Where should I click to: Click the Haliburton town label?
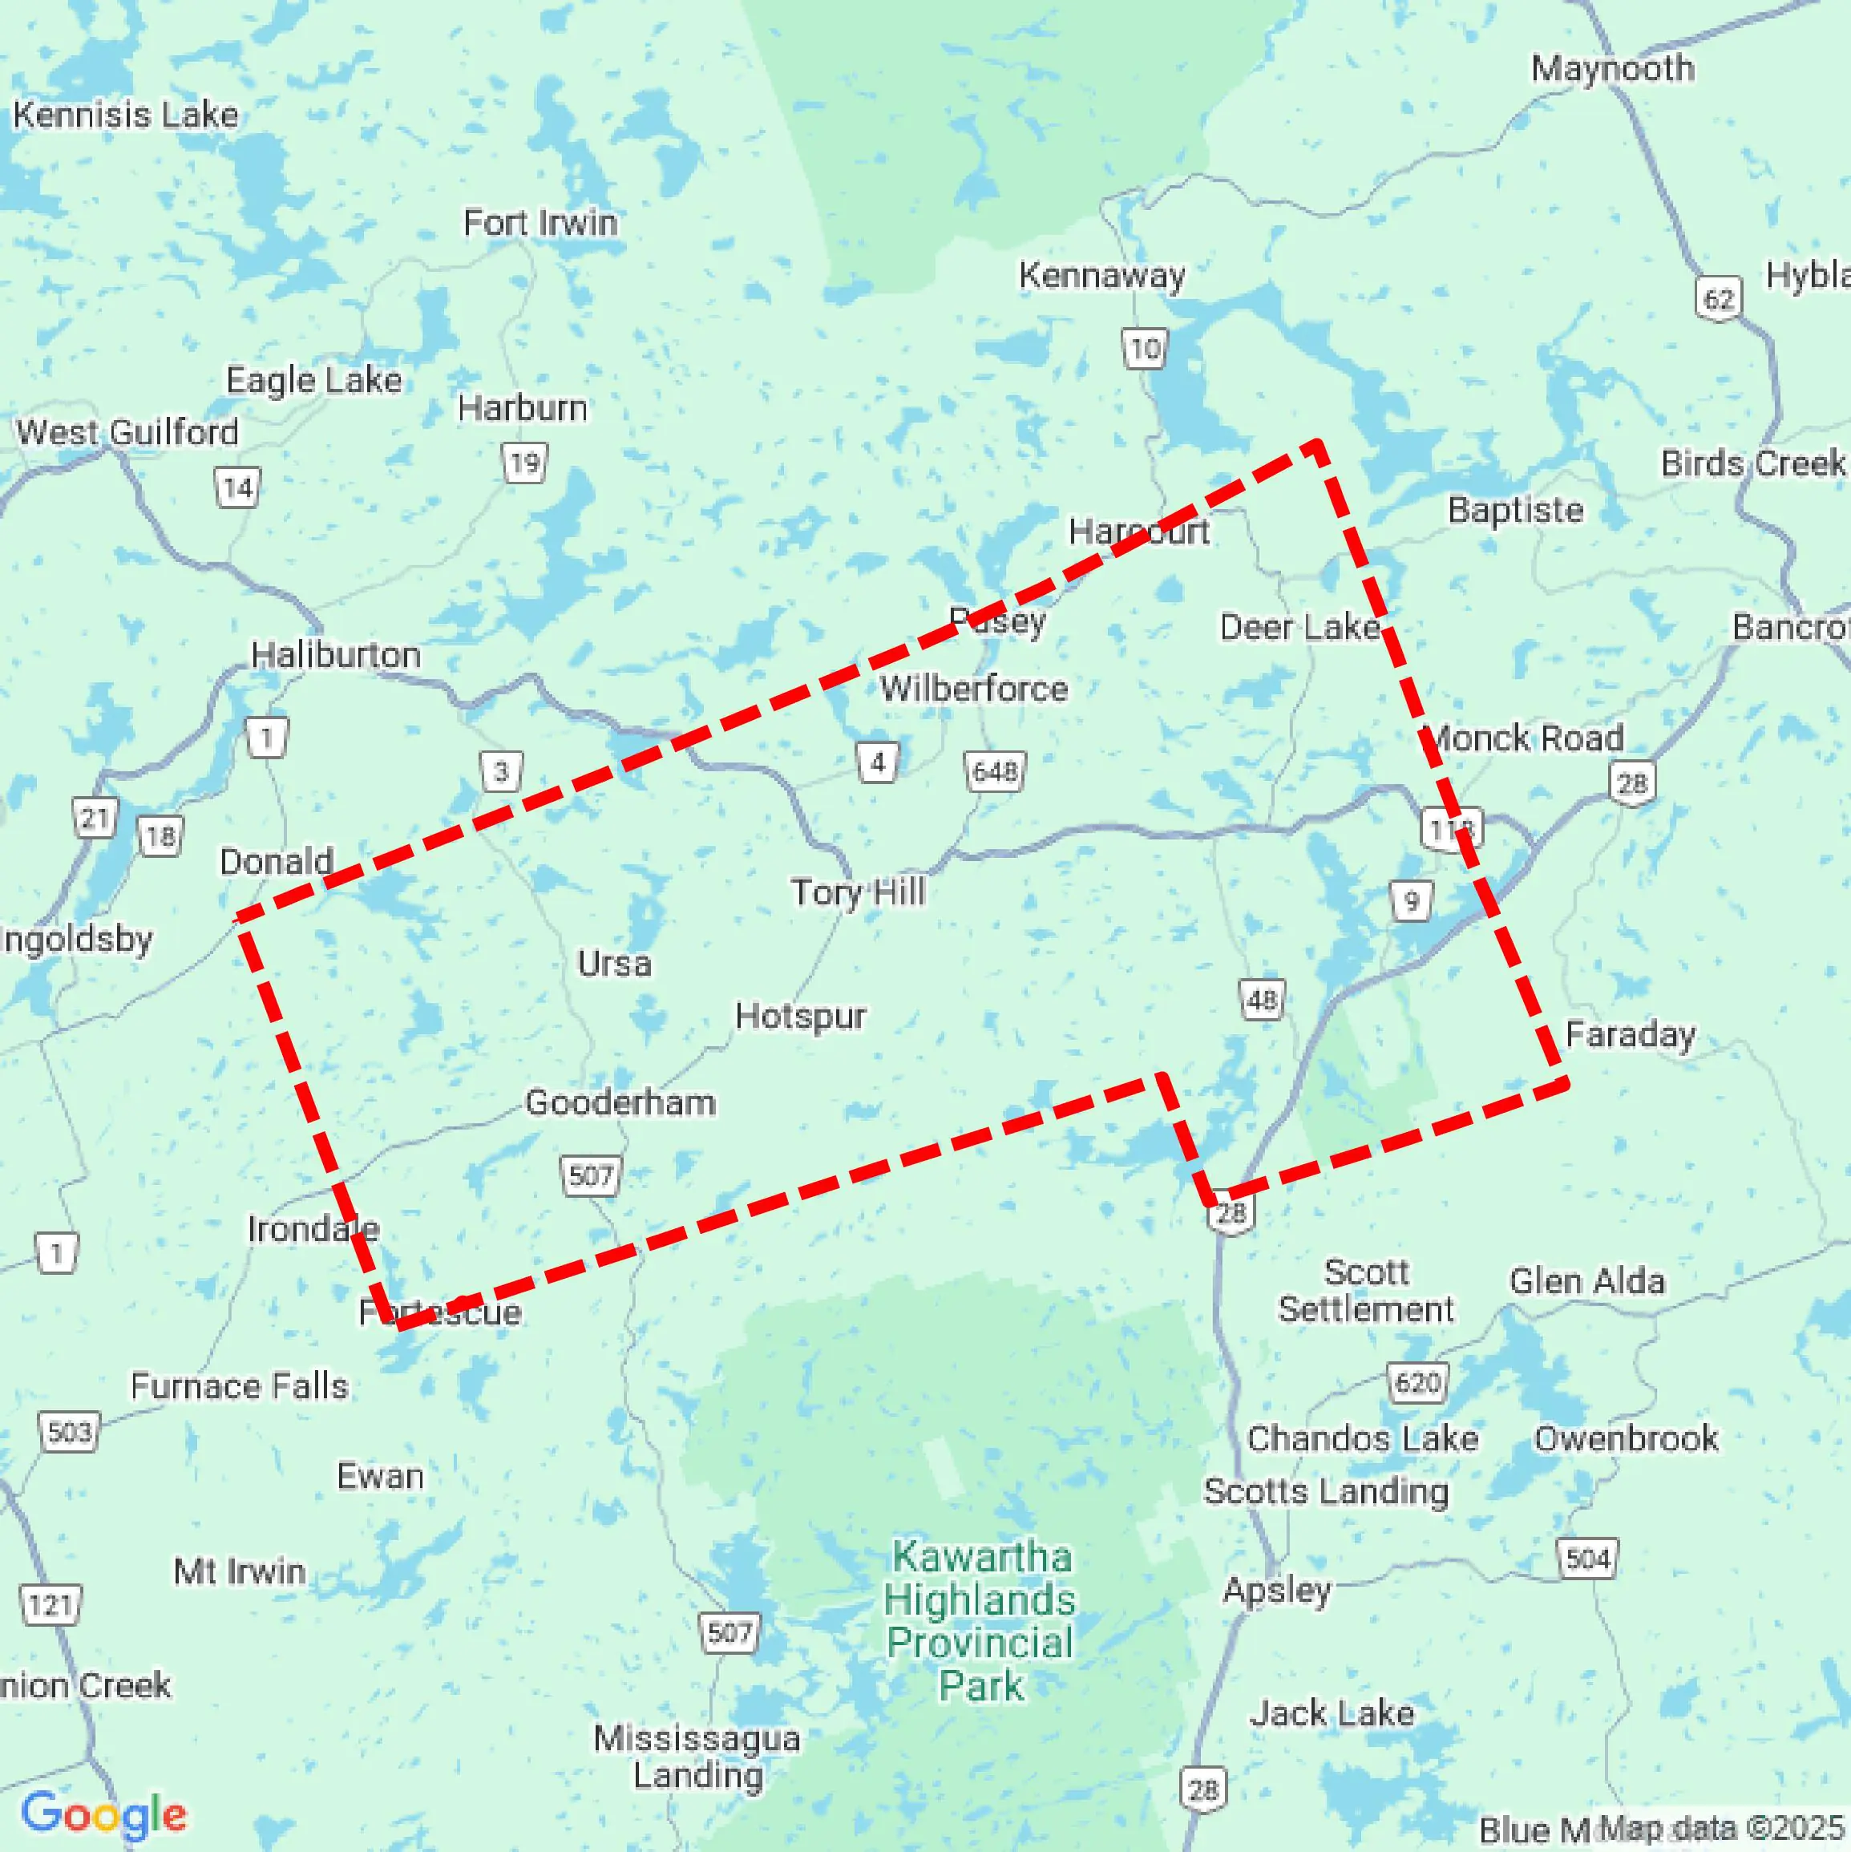336,656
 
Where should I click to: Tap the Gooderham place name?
620,1102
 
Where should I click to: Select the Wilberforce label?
974,688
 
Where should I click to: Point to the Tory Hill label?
858,892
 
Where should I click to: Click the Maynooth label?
1612,69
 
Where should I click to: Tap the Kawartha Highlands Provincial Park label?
980,1621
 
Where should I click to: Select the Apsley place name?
1277,1591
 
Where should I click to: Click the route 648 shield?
994,771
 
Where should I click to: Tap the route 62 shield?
1719,299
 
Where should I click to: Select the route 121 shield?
51,1605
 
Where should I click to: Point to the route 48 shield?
1262,1000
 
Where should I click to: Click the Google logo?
103,1814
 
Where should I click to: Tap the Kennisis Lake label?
126,115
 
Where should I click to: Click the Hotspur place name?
800,1016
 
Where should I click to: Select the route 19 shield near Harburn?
525,464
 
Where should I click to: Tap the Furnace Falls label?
240,1386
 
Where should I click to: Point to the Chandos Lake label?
1362,1439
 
